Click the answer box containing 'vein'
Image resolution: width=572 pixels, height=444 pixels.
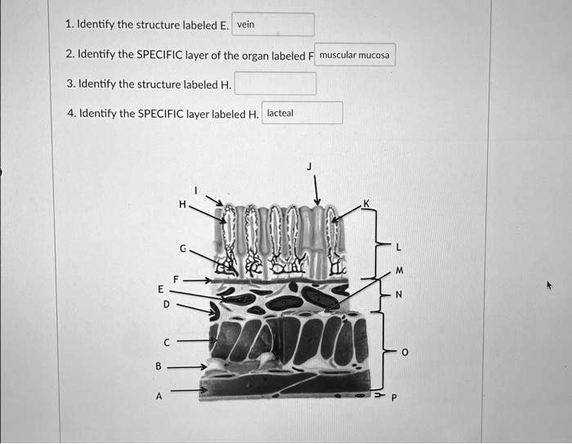click(273, 25)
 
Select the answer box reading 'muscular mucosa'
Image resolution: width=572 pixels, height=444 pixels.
click(355, 56)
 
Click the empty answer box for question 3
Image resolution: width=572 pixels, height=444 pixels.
click(275, 83)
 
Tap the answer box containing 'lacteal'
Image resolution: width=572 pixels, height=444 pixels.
click(302, 113)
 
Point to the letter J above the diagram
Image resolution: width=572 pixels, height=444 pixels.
click(309, 166)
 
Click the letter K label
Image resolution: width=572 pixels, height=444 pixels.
click(367, 203)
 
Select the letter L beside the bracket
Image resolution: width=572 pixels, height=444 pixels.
click(398, 248)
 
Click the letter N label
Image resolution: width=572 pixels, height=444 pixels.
click(399, 294)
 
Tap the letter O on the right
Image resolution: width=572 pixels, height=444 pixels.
click(404, 352)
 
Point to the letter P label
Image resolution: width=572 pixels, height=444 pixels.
click(394, 397)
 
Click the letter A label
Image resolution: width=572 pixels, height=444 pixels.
click(160, 395)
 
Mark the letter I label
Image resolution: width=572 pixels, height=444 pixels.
click(195, 190)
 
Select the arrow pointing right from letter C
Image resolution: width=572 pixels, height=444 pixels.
click(196, 340)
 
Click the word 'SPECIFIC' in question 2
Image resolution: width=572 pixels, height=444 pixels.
click(160, 56)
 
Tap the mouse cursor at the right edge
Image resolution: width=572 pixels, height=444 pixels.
click(549, 285)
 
